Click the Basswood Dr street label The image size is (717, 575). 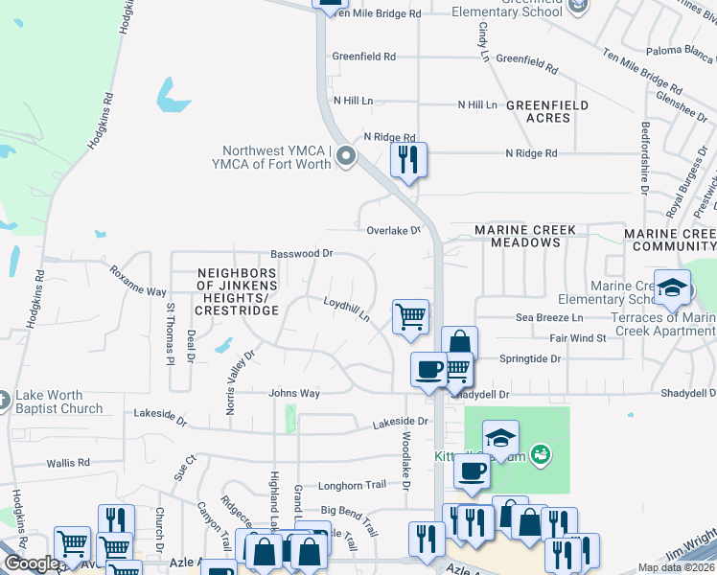[x=301, y=254]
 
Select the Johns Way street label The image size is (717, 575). [x=294, y=393]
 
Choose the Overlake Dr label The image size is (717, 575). [x=394, y=231]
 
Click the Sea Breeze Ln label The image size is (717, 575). [x=549, y=317]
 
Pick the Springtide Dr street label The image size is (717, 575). [x=530, y=358]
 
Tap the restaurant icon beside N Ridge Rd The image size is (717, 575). [x=408, y=159]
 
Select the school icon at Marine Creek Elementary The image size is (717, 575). [x=672, y=287]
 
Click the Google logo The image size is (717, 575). [x=30, y=563]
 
